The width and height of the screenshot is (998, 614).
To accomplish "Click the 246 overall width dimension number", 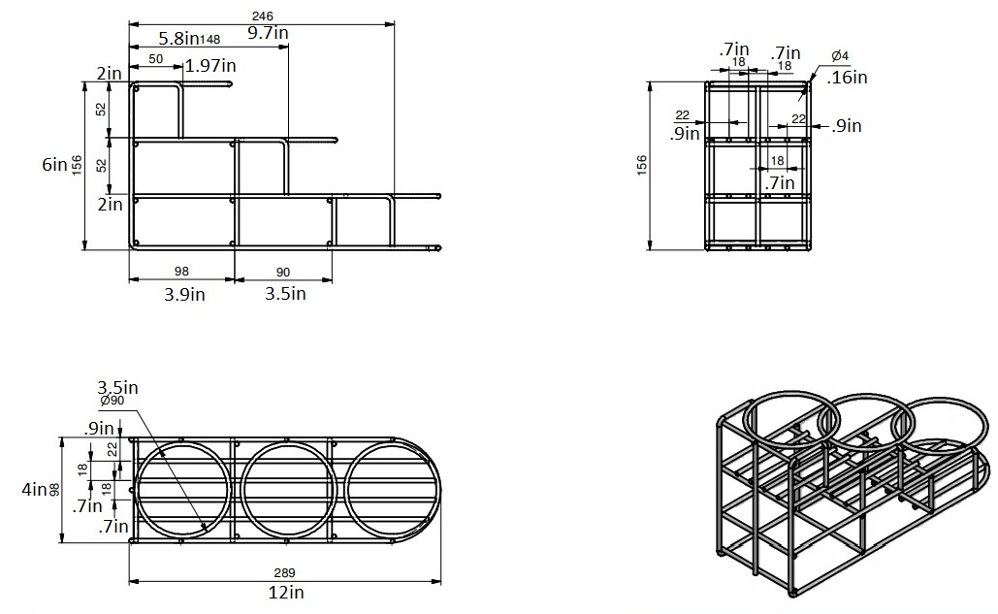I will (x=262, y=16).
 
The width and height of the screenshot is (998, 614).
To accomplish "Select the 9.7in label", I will (x=268, y=33).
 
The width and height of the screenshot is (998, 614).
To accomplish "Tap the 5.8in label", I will (x=179, y=39).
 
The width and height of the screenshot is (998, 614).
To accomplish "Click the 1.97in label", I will (x=209, y=66).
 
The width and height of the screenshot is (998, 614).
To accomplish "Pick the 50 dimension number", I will (x=155, y=60).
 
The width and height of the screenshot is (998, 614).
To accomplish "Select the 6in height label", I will (x=54, y=165).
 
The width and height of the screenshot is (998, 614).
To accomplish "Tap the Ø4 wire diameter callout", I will (x=841, y=55).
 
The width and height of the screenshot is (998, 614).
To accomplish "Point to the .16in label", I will (x=848, y=77).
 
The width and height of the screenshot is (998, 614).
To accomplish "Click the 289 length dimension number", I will (x=284, y=572).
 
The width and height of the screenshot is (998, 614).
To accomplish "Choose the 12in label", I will (x=284, y=592).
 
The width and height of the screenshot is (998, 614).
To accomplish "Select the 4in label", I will (x=34, y=490).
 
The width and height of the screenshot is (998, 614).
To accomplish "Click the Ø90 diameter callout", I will (x=113, y=402).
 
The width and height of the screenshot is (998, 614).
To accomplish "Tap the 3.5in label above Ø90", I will (x=117, y=387).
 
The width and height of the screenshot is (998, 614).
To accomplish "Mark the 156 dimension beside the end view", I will (x=641, y=166).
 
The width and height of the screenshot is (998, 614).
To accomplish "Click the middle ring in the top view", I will (x=288, y=488).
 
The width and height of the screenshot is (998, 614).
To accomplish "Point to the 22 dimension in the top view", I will (x=112, y=448).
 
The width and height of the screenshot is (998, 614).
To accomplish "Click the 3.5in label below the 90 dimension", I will (x=285, y=294).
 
